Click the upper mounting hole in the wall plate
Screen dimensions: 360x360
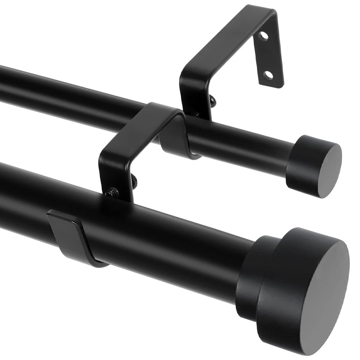click(264, 36)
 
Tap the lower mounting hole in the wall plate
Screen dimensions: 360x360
click(268, 74)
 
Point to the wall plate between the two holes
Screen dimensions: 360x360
click(266, 55)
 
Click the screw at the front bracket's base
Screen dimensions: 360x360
click(112, 193)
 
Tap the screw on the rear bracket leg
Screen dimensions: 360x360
click(211, 102)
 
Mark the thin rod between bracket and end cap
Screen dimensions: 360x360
click(243, 144)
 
